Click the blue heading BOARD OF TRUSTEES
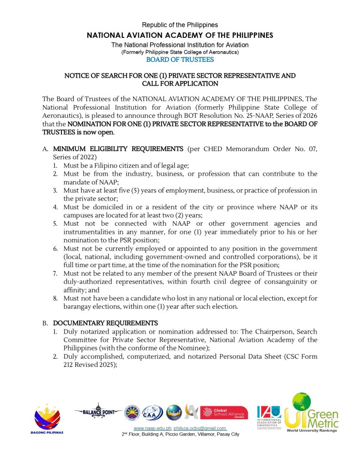pyautogui.click(x=180, y=60)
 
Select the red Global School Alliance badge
pyautogui.click(x=223, y=412)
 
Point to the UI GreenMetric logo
pyautogui.click(x=312, y=412)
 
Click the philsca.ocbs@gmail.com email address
pyautogui.click(x=200, y=428)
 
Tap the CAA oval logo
pyautogui.click(x=152, y=412)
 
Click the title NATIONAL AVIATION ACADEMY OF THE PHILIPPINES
pyautogui.click(x=180, y=35)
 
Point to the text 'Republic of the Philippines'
pyautogui.click(x=180, y=25)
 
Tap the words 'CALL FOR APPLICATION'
pyautogui.click(x=180, y=84)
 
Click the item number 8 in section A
pyautogui.click(x=55, y=298)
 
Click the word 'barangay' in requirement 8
pyautogui.click(x=78, y=306)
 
